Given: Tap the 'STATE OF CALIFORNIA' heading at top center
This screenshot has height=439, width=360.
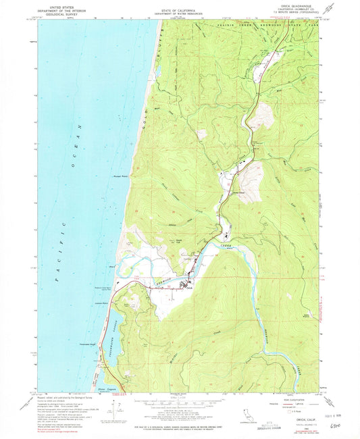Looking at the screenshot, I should click(179, 6).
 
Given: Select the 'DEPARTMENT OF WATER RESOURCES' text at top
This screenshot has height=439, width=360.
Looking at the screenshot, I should click(179, 10).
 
